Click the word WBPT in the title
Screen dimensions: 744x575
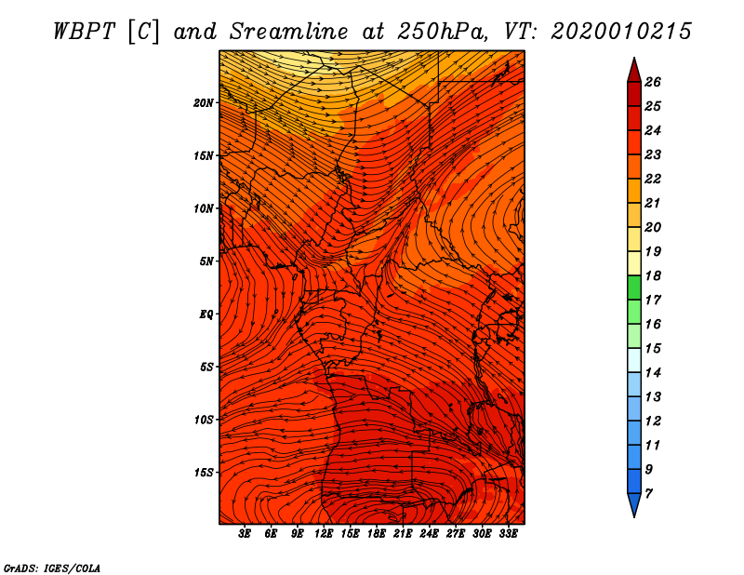click(x=84, y=32)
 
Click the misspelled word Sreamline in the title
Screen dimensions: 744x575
click(x=289, y=32)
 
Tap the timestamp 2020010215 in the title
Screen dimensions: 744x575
click(x=621, y=32)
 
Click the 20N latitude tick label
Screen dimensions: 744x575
click(x=204, y=103)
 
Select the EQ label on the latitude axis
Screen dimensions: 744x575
click(x=206, y=314)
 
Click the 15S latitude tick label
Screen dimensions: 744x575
click(x=204, y=473)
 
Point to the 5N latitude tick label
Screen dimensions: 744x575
click(x=206, y=261)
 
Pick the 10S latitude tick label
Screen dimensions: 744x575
click(x=204, y=420)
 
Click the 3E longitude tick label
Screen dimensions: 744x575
click(x=245, y=534)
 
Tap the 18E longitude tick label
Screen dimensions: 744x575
click(x=377, y=534)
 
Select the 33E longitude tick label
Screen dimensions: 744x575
click(x=508, y=534)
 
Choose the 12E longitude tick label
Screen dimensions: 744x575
click(x=324, y=534)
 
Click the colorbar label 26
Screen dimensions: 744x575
click(x=653, y=82)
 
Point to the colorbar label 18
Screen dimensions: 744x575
click(x=653, y=275)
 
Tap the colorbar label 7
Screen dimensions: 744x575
click(x=648, y=494)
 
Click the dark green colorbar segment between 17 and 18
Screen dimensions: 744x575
click(x=634, y=287)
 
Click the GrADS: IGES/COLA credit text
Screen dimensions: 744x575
click(x=52, y=568)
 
